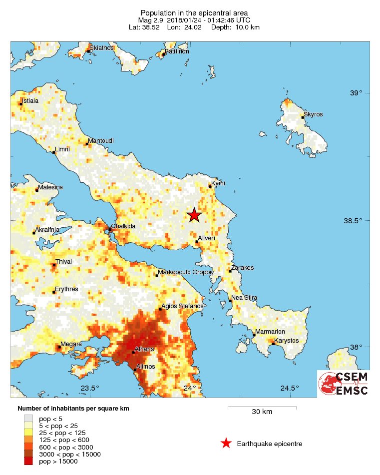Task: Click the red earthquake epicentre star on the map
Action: point(194,215)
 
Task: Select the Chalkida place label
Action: point(123,226)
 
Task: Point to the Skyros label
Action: point(314,114)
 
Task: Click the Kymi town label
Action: point(218,183)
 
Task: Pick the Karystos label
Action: point(287,341)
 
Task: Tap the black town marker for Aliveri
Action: point(197,242)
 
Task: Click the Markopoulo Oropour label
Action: point(186,273)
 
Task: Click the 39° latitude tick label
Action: point(356,93)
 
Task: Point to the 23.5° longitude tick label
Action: point(90,388)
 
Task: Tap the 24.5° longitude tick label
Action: point(289,388)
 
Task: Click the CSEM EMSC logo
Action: point(344,384)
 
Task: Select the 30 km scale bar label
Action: point(262,412)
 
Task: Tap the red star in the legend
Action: point(226,444)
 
